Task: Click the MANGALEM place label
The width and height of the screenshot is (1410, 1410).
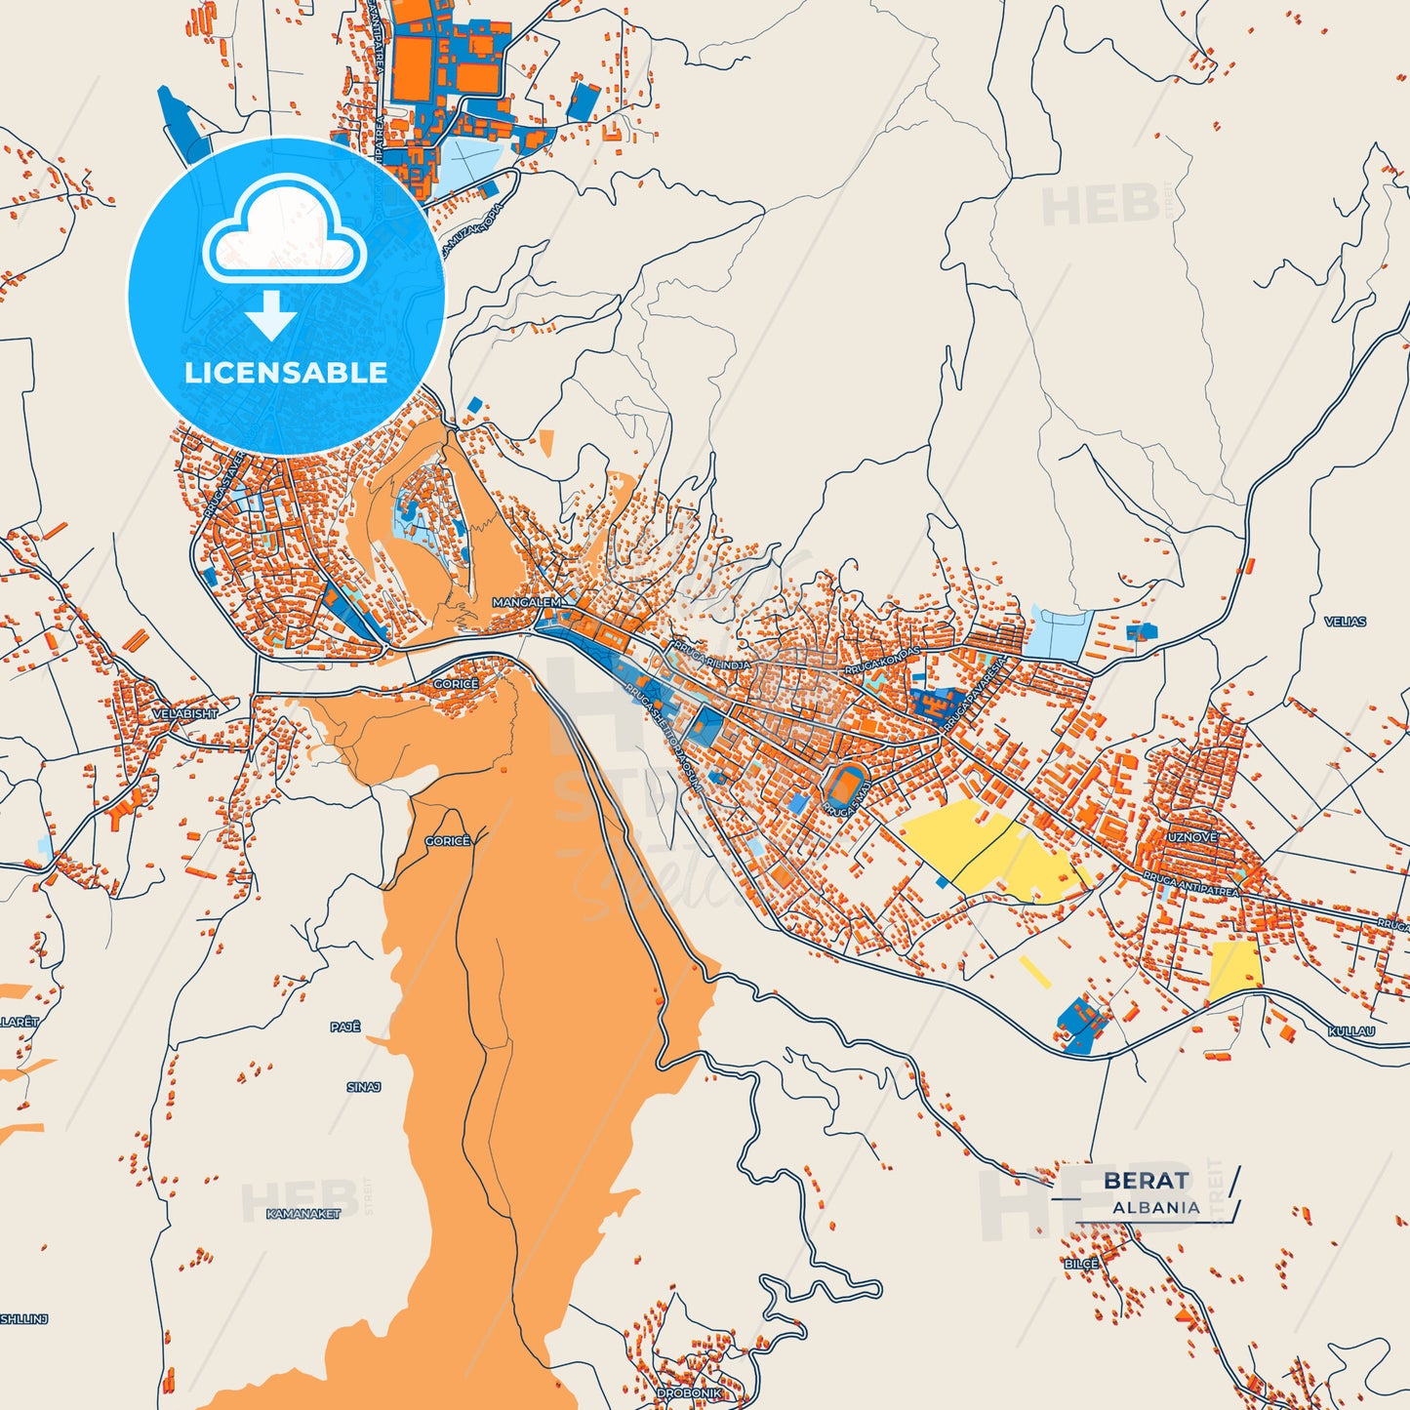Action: point(527,602)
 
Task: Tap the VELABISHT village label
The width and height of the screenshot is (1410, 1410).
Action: point(184,714)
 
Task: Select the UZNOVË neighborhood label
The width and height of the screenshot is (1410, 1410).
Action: point(1192,837)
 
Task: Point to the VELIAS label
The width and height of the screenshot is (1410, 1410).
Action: point(1345,622)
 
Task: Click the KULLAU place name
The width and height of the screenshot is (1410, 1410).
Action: point(1351,1031)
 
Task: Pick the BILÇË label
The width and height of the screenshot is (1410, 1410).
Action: point(1081,1264)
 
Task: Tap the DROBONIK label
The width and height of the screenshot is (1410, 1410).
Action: point(689,1393)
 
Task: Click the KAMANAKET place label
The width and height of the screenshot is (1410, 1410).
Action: point(303,1214)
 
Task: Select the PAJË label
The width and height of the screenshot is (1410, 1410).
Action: point(345,1027)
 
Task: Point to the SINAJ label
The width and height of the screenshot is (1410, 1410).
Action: point(363,1087)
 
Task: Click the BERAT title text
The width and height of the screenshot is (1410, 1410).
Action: point(1147,1181)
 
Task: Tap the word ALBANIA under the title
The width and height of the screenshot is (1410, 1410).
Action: point(1156,1207)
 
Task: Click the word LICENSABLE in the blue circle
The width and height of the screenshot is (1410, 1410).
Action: point(286,373)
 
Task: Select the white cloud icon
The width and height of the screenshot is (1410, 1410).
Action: point(284,234)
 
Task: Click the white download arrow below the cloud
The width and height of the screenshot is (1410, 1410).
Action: point(270,314)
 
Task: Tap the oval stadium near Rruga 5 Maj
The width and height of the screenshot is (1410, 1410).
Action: point(845,784)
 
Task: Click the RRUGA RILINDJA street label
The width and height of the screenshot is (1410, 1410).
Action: point(710,657)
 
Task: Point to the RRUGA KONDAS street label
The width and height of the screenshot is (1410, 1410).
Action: point(883,662)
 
